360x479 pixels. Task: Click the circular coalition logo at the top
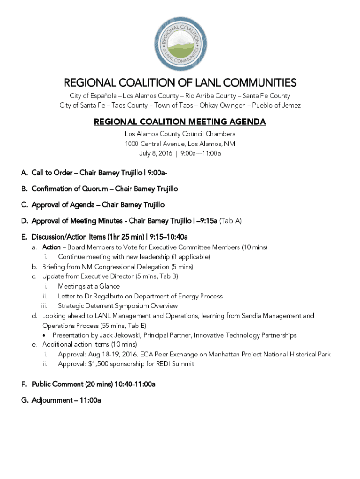coord(180,44)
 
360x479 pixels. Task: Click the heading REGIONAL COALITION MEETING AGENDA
coord(180,122)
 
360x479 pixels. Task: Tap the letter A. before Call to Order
coord(24,173)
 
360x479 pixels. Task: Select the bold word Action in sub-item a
coord(51,247)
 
